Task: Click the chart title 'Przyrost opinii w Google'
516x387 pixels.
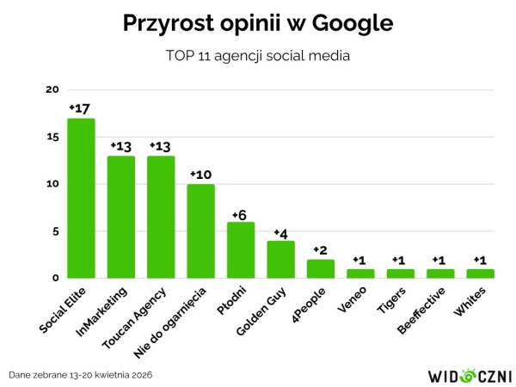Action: [x=258, y=23]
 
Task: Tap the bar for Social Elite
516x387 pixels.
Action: [x=81, y=198]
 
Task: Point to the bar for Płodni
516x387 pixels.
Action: [x=241, y=249]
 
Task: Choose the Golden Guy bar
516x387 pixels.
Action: [x=280, y=259]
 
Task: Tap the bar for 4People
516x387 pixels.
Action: [x=321, y=268]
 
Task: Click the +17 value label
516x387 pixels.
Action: [x=80, y=108]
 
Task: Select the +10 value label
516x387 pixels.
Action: [x=200, y=175]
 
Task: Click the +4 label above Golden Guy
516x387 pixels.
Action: [x=280, y=231]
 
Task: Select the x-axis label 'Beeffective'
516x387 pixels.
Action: [x=421, y=308]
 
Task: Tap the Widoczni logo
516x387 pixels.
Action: [x=470, y=375]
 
